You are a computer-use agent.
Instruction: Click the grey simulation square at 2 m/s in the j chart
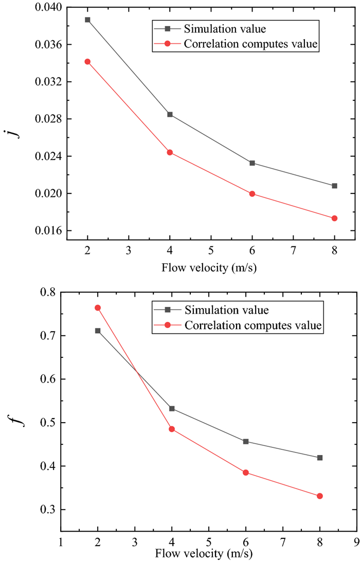[87, 20]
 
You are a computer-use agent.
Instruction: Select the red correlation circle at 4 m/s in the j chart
[170, 152]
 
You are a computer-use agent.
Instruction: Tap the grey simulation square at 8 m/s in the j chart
[334, 186]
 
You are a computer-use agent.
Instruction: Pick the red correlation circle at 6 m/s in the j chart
[252, 194]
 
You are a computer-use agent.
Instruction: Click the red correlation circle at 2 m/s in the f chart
[98, 308]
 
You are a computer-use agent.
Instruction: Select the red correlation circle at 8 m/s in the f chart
[320, 496]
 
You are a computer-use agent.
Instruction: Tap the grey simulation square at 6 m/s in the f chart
[246, 442]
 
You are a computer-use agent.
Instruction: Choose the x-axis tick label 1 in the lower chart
[61, 543]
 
